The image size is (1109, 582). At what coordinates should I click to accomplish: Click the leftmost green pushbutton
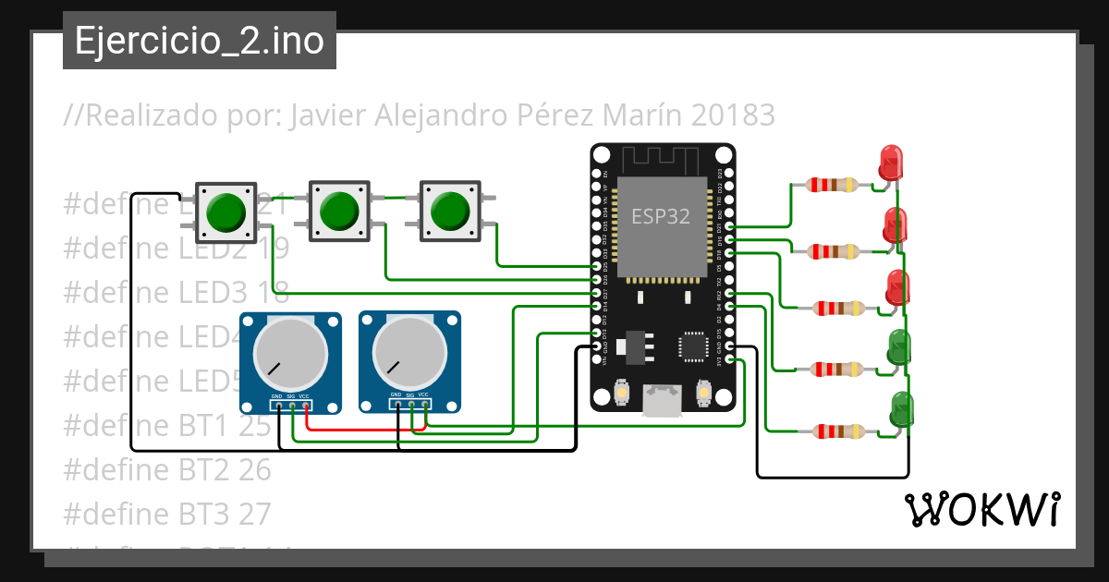pos(225,212)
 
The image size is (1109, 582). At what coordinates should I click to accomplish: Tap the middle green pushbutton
pos(338,212)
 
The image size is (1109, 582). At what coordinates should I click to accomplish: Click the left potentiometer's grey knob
pos(290,355)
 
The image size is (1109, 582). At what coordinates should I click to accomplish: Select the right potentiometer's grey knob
pos(408,355)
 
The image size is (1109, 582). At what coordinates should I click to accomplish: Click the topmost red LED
pos(890,163)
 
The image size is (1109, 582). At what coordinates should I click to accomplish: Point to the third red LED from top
pos(897,287)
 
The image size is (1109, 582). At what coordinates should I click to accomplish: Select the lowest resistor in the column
pos(836,430)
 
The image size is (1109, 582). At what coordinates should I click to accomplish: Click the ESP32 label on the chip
pos(660,216)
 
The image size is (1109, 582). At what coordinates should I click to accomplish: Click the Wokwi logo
pos(981,509)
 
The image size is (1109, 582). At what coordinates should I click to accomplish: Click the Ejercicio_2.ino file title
pos(199,41)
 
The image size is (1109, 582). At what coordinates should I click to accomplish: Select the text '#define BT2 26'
pos(167,469)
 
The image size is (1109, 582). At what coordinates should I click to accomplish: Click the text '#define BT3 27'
pos(167,512)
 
